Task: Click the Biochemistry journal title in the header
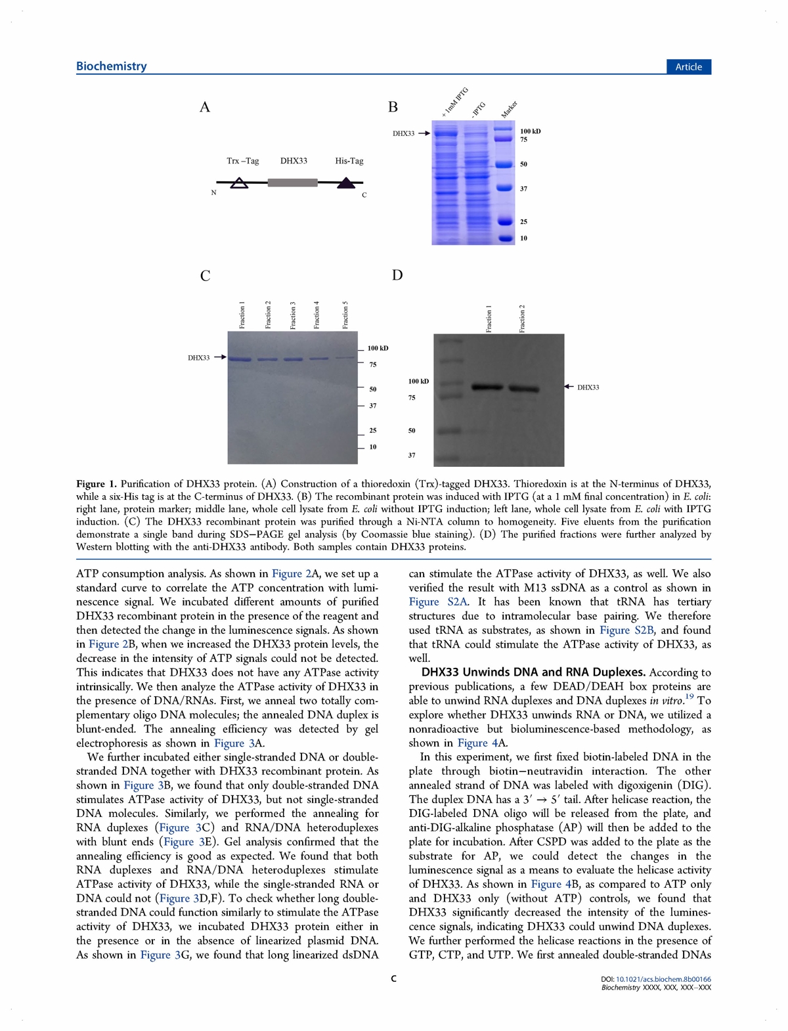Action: coord(111,66)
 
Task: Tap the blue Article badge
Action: coord(688,67)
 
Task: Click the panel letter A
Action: coord(205,108)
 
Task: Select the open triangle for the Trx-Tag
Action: coord(240,183)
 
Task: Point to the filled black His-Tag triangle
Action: coord(346,183)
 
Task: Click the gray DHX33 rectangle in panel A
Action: coord(292,183)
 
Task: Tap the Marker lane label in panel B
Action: coord(509,110)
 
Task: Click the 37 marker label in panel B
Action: coord(523,189)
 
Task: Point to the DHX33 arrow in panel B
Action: coord(424,133)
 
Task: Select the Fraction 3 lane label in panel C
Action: coord(293,315)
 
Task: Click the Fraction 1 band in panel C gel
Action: coord(240,359)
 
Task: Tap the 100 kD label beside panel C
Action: coord(378,348)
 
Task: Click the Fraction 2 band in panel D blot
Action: coord(523,388)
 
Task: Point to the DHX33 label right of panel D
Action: coord(588,387)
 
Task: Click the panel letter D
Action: coord(397,275)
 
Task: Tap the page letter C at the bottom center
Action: coord(393,979)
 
